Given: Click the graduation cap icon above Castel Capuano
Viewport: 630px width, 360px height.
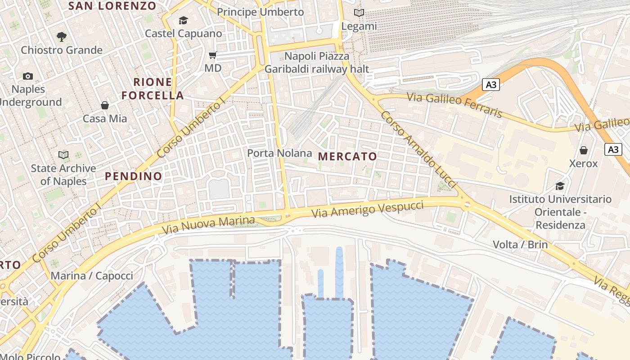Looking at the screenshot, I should [183, 20].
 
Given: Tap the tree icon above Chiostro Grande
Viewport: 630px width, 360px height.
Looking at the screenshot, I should [62, 36].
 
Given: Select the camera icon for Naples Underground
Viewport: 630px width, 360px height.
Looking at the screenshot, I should [28, 76].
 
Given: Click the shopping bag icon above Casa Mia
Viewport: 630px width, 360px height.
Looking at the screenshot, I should [105, 105].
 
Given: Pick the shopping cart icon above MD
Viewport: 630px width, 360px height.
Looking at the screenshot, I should [213, 55].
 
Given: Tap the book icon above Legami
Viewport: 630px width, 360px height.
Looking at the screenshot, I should [359, 13].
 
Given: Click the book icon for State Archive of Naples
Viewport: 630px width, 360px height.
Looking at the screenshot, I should [63, 155].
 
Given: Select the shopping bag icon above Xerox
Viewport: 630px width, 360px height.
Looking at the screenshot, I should [584, 150].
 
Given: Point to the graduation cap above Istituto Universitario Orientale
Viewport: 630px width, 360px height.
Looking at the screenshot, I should [560, 186].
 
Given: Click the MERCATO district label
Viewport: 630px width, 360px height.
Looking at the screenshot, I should [347, 157].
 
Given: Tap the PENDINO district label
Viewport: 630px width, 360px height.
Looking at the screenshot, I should [134, 176].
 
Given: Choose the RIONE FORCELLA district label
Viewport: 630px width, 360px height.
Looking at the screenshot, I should [153, 89].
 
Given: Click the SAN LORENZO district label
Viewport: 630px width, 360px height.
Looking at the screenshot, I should [112, 6].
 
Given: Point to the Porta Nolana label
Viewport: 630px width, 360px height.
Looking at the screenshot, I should [279, 153].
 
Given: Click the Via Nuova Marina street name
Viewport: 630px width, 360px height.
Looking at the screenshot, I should [208, 225].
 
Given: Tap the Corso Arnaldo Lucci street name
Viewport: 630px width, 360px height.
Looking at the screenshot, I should [419, 150].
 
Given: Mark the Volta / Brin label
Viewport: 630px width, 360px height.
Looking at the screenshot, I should [520, 245].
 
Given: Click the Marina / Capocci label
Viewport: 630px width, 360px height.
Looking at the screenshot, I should [92, 276].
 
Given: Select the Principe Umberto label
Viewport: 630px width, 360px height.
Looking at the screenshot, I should [261, 12].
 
